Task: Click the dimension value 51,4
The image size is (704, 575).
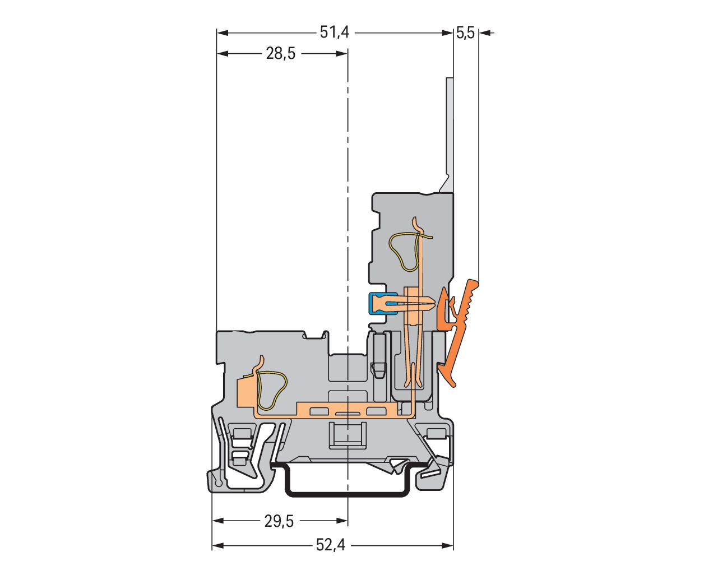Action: tap(335, 33)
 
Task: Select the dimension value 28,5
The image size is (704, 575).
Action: tap(280, 54)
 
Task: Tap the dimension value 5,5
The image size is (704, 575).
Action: tap(465, 33)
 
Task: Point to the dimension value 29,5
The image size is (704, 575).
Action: tap(279, 521)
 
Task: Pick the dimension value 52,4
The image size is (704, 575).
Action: tap(331, 545)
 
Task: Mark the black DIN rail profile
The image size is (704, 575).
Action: tap(348, 493)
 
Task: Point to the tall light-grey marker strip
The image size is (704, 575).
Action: tap(450, 129)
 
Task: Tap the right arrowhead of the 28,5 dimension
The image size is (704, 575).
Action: tap(341, 54)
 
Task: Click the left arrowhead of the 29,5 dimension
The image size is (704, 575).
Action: tap(218, 521)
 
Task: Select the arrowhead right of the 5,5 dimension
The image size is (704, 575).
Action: tap(485, 33)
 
